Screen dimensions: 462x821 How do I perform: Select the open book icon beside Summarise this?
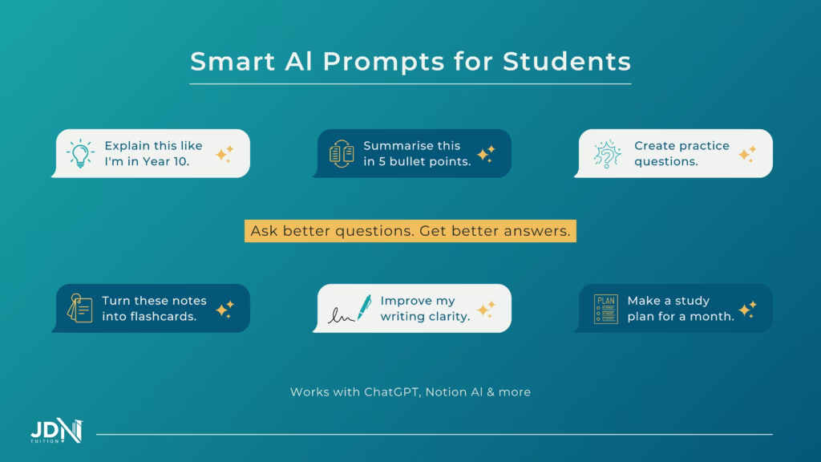342,153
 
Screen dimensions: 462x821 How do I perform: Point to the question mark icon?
607,154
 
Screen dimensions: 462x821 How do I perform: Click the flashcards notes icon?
79,308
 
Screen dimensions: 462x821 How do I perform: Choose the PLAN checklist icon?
605,309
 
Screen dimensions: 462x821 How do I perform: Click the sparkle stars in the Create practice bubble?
747,153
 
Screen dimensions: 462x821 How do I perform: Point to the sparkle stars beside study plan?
747,309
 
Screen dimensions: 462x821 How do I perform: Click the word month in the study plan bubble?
715,316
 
